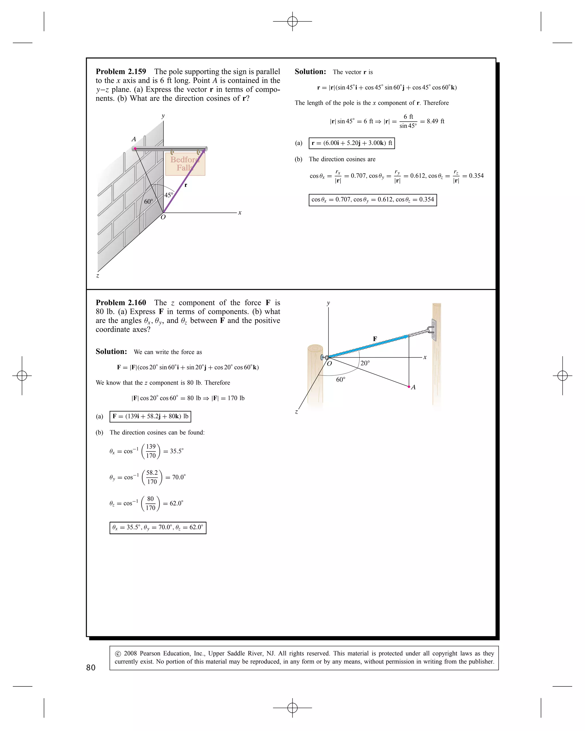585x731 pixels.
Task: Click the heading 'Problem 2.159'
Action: (x=121, y=72)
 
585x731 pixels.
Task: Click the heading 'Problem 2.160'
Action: (x=121, y=303)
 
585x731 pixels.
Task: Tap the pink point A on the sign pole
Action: (x=135, y=148)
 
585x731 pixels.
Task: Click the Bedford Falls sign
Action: (x=185, y=164)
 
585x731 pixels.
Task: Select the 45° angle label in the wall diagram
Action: (x=169, y=195)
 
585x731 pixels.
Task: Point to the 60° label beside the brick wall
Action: (x=149, y=202)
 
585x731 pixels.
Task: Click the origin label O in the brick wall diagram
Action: (x=163, y=217)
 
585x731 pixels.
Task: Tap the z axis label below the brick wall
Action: (x=98, y=276)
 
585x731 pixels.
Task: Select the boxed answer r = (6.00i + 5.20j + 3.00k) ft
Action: (x=352, y=143)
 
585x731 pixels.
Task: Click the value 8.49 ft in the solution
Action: (x=435, y=121)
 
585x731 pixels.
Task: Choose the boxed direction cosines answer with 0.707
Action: (x=372, y=200)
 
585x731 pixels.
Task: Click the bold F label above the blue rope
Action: (x=375, y=339)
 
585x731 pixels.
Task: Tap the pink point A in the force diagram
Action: (x=409, y=387)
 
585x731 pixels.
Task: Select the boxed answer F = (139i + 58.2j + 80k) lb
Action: (x=150, y=416)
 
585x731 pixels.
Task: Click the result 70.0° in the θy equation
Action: (x=179, y=477)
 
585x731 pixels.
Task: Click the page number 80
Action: (x=91, y=668)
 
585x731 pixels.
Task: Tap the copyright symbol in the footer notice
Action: (x=118, y=654)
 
